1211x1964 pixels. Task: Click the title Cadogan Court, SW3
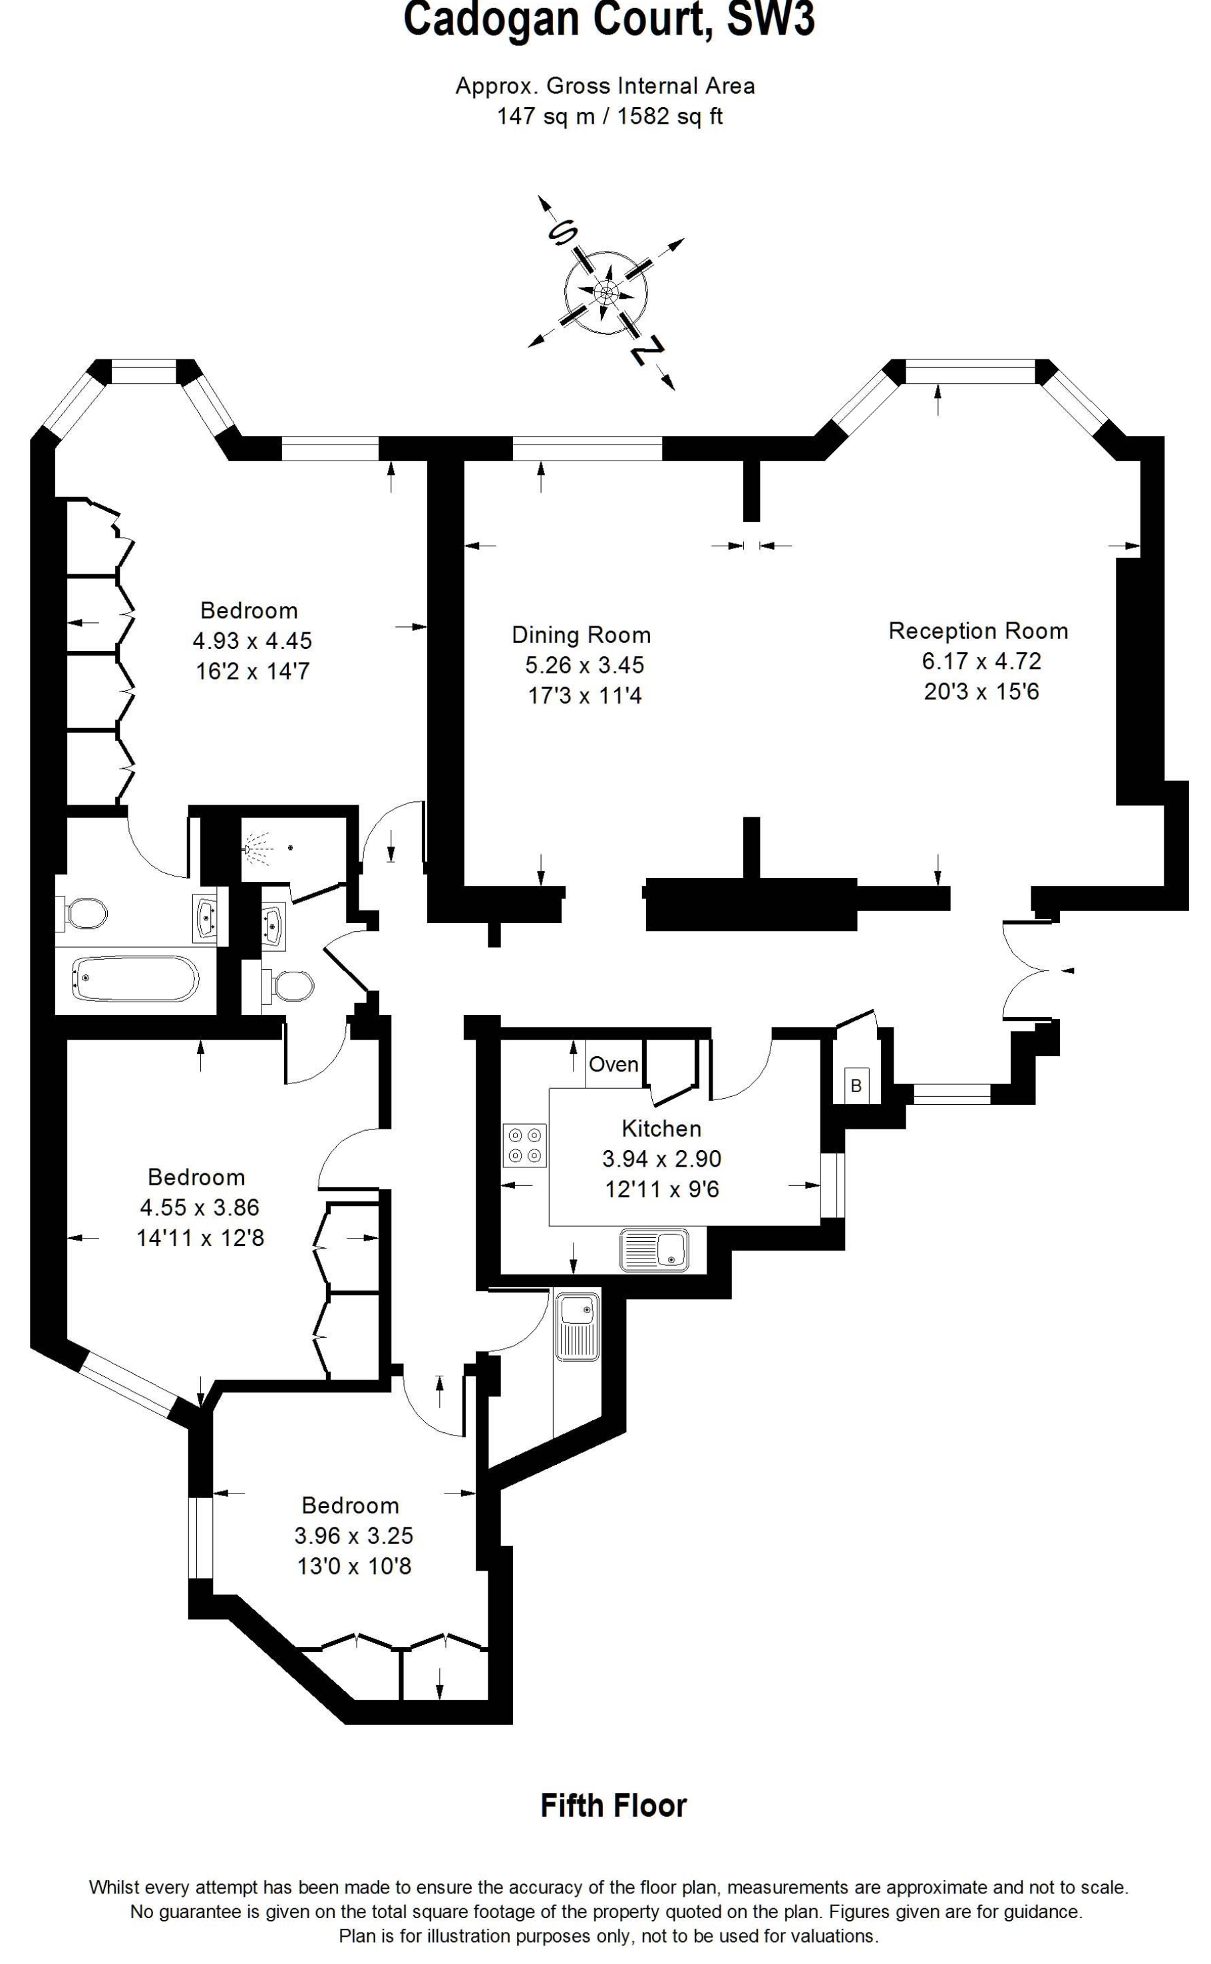[x=609, y=19]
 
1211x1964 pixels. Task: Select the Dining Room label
[x=581, y=635]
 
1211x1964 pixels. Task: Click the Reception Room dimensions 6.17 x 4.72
[x=981, y=661]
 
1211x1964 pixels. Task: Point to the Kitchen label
[x=661, y=1129]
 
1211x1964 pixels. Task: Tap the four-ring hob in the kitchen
[x=524, y=1145]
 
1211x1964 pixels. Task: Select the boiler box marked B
[x=856, y=1086]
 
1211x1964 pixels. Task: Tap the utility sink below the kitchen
[x=577, y=1326]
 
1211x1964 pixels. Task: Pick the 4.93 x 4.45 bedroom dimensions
[x=252, y=641]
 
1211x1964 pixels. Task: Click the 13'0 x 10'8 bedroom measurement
[x=354, y=1566]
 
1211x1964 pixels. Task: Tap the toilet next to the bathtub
[x=83, y=913]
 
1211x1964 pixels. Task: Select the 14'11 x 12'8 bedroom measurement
[x=200, y=1239]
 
